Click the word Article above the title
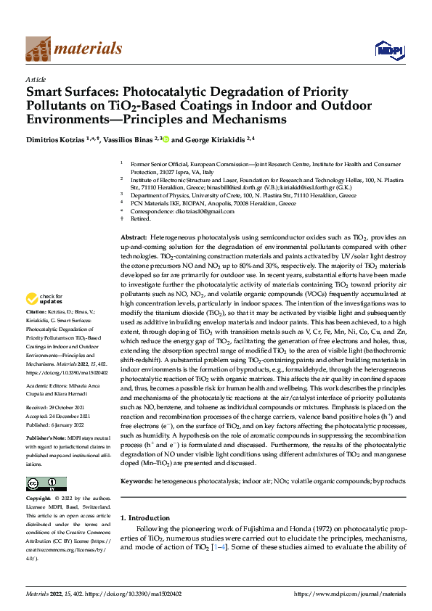(36, 79)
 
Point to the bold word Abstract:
(134, 238)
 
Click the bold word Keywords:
(136, 481)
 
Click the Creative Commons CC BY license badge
(46, 484)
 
